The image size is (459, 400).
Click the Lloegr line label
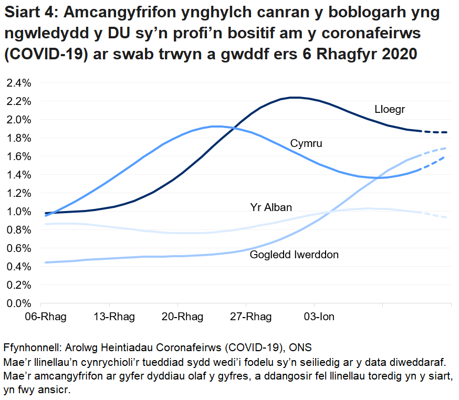tap(390, 109)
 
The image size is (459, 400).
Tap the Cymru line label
tap(306, 143)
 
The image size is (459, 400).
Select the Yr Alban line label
tap(271, 207)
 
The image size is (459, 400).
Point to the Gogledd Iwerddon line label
tap(294, 255)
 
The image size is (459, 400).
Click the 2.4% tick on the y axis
tap(19, 83)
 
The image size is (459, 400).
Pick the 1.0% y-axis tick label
tap(19, 212)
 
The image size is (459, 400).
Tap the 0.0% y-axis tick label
tap(19, 303)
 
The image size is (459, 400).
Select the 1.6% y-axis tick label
tap(19, 156)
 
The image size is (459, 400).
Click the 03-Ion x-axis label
tap(315, 317)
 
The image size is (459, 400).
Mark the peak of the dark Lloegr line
tap(295, 97)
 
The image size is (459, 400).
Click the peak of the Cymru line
tap(216, 126)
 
